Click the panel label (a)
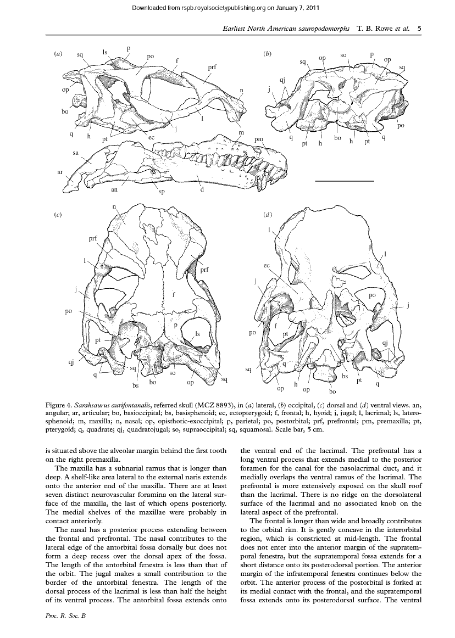pyautogui.click(x=57, y=54)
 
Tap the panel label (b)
pyautogui.click(x=267, y=54)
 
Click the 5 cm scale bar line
pyautogui.click(x=345, y=180)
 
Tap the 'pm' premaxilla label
pyautogui.click(x=259, y=141)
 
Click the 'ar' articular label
pyautogui.click(x=59, y=172)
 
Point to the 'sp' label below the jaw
pyautogui.click(x=162, y=192)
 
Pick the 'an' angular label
pyautogui.click(x=114, y=190)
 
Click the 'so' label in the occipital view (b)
pyautogui.click(x=343, y=55)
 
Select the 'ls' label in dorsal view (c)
pyautogui.click(x=197, y=333)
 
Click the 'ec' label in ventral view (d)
pyautogui.click(x=267, y=265)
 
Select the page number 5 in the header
pyautogui.click(x=419, y=29)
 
